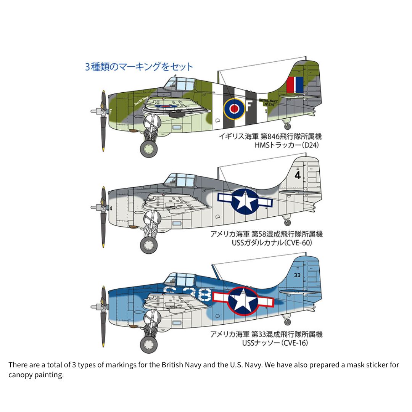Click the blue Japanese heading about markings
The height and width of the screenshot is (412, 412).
pyautogui.click(x=139, y=67)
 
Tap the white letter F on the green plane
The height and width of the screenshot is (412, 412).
pyautogui.click(x=249, y=108)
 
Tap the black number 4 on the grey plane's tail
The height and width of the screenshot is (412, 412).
pyautogui.click(x=298, y=175)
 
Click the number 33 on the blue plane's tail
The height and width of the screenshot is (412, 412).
pyautogui.click(x=298, y=274)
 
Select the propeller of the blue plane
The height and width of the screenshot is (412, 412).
pyautogui.click(x=103, y=306)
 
